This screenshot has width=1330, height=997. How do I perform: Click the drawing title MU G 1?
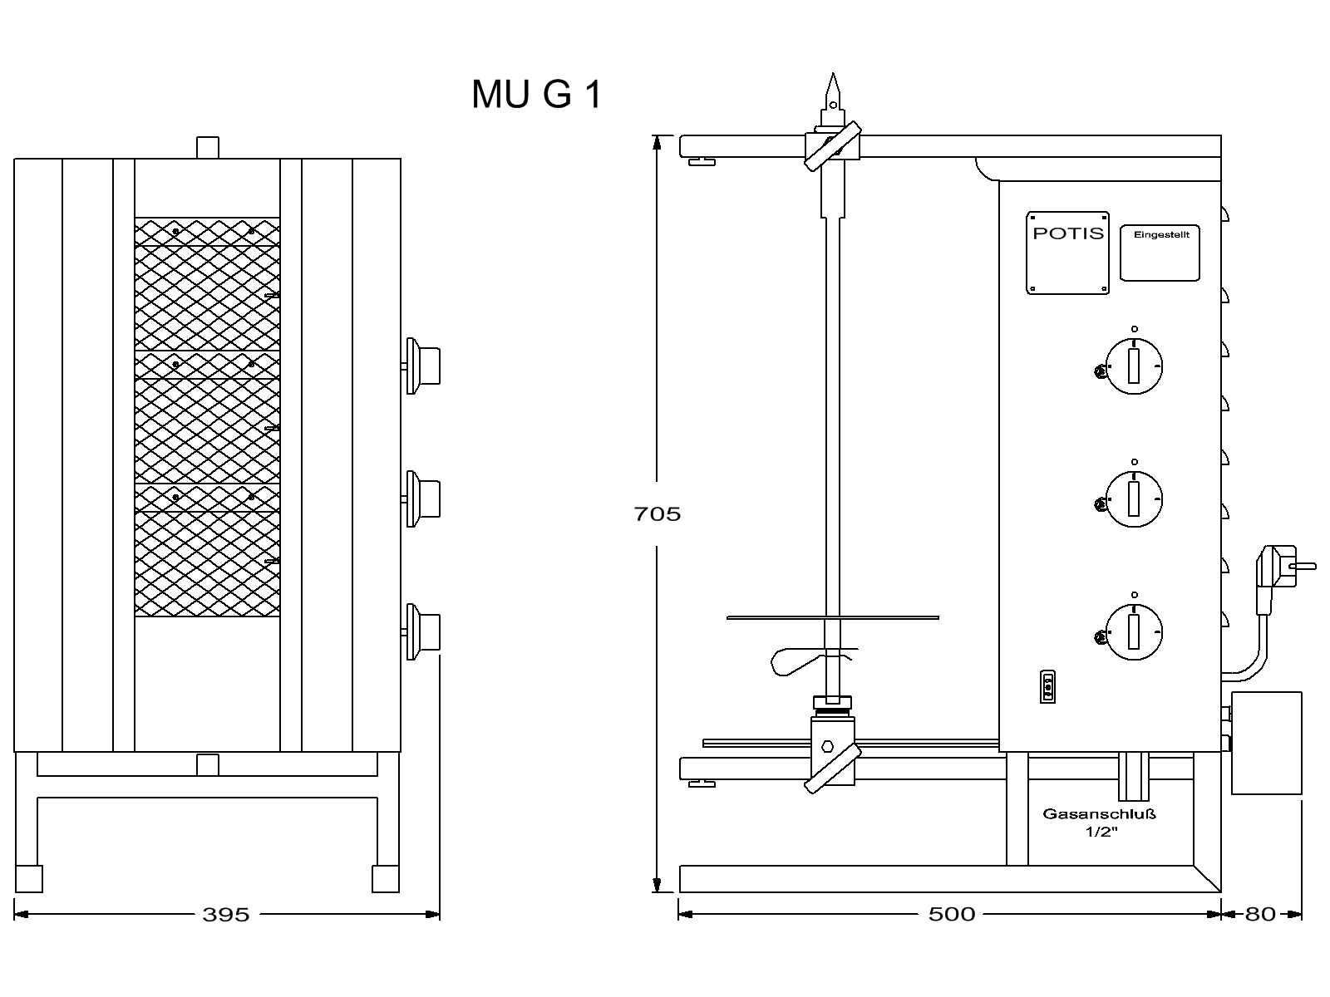(536, 94)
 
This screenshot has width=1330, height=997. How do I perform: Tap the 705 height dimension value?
(657, 514)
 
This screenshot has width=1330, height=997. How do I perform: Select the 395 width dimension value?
(226, 915)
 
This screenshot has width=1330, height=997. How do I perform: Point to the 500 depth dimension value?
(952, 915)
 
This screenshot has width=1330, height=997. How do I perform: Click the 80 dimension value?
(1260, 915)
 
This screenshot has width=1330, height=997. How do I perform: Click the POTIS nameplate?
(1068, 252)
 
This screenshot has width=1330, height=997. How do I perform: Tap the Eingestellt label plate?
(1160, 252)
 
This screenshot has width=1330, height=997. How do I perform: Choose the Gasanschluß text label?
(1099, 814)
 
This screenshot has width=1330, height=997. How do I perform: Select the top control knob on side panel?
(1134, 366)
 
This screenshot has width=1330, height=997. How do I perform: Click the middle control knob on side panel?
(1134, 499)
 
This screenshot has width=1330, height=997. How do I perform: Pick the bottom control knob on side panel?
(1134, 632)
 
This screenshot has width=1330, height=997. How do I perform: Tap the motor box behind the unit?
(1266, 742)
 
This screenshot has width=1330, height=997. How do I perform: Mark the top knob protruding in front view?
(423, 366)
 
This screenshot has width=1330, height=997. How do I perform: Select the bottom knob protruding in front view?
(423, 631)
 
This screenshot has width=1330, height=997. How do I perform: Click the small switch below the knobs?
(1047, 687)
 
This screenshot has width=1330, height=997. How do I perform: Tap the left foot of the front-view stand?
(29, 878)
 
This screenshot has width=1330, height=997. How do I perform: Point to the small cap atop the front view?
(208, 148)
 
